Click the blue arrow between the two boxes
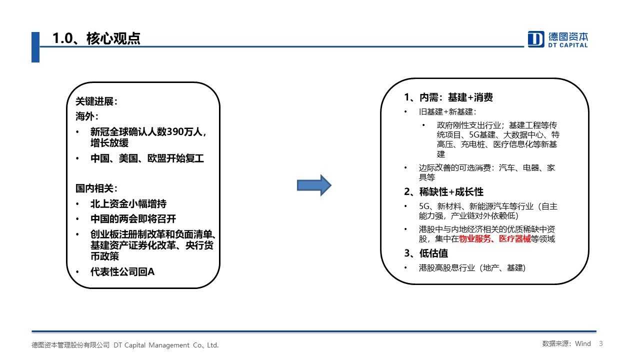click(314, 185)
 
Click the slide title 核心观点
click(113, 38)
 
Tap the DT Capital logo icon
click(535, 39)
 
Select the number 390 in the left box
click(175, 131)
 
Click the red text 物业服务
click(475, 239)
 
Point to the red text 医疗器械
click(514, 239)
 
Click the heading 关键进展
click(94, 101)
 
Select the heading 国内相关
click(94, 188)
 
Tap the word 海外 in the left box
click(85, 116)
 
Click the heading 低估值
click(433, 253)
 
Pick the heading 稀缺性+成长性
click(451, 192)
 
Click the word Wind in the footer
click(583, 343)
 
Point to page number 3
click(601, 343)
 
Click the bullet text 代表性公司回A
click(122, 271)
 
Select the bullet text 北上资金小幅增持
click(128, 204)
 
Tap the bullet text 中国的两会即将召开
click(133, 219)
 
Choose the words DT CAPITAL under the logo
click(568, 45)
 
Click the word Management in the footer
click(169, 345)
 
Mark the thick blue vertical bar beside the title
click(35, 47)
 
